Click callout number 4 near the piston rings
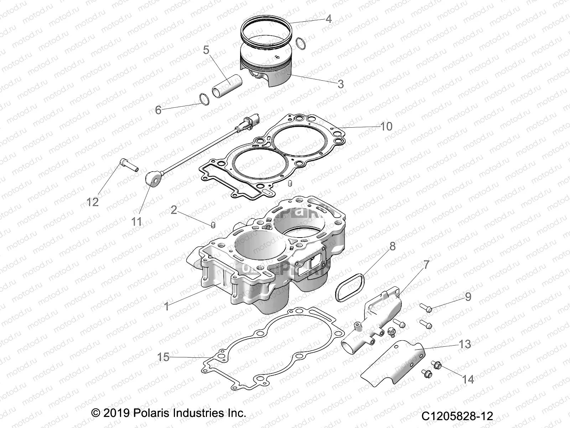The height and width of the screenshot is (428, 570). [328, 19]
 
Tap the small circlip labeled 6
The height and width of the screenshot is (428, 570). [203, 99]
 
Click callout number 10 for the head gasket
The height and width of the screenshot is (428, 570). [386, 126]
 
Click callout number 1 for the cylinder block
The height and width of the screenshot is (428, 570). [166, 306]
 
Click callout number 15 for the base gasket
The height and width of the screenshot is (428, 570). [164, 357]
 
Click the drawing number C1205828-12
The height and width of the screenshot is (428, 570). [457, 416]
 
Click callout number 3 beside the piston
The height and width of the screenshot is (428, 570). [341, 84]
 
